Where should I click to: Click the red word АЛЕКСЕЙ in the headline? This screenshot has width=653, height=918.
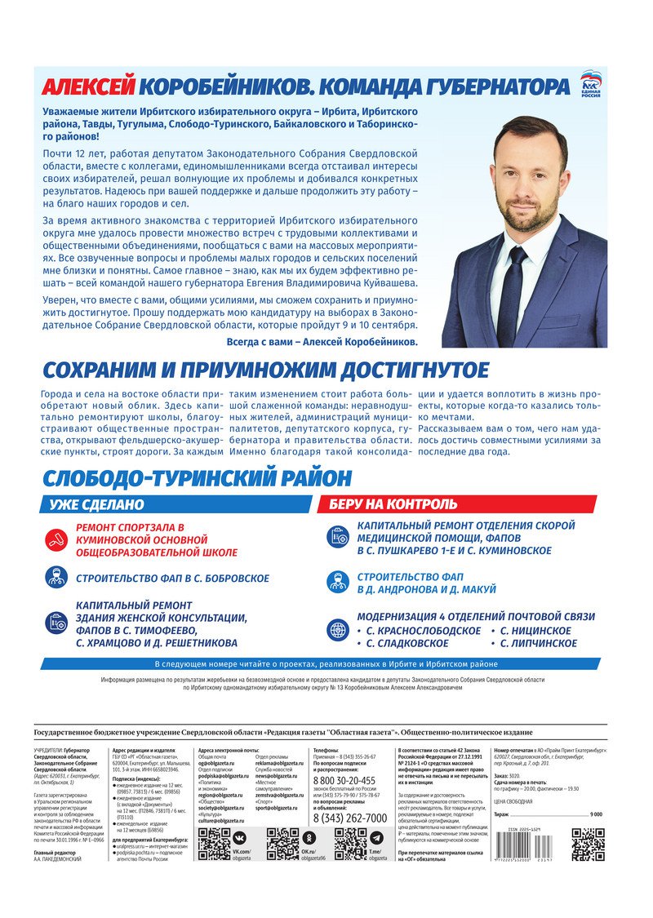point(87,87)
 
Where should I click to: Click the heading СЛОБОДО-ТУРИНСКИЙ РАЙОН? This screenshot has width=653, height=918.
point(197,478)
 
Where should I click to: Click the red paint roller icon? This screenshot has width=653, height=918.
point(56,539)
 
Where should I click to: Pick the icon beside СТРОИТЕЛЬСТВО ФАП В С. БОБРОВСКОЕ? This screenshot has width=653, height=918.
point(56,578)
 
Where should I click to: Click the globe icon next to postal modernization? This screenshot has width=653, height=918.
point(337,629)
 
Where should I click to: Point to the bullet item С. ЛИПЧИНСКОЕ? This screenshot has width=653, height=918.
point(535,644)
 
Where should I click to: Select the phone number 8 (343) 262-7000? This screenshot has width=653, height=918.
point(350,818)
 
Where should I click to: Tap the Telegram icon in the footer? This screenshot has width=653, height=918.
point(376,838)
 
